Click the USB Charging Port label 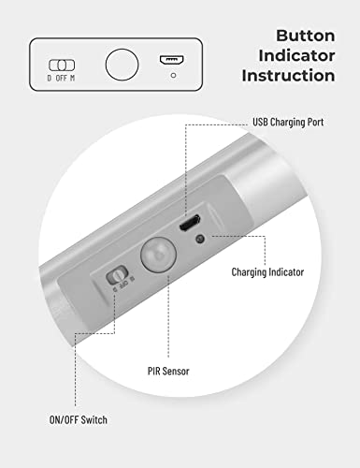(x=289, y=123)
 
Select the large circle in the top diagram (x=120, y=65)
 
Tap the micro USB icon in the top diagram (x=170, y=59)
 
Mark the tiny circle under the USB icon (x=170, y=74)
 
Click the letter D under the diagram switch (x=50, y=79)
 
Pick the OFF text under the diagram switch (x=62, y=79)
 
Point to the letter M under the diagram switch (x=74, y=79)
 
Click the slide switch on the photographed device (x=117, y=277)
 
